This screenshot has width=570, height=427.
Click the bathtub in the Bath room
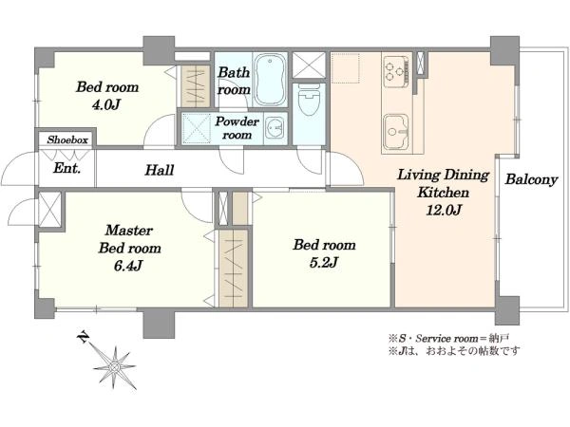pyautogui.click(x=270, y=80)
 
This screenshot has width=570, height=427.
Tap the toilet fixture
pyautogui.click(x=310, y=100)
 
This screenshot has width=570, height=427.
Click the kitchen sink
pyautogui.click(x=396, y=132)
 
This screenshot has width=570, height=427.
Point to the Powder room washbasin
pyautogui.click(x=275, y=128)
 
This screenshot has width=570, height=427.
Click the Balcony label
pyautogui.click(x=531, y=179)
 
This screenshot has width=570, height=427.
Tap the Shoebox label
pyautogui.click(x=67, y=139)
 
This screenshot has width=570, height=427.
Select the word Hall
pyautogui.click(x=160, y=170)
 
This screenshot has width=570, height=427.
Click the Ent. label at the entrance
pyautogui.click(x=66, y=168)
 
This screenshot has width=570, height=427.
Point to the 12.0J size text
pyautogui.click(x=444, y=211)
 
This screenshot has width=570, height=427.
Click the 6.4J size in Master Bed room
pyautogui.click(x=127, y=266)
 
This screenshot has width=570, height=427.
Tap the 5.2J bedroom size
pyautogui.click(x=324, y=262)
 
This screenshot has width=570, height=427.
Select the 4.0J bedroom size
pyautogui.click(x=106, y=105)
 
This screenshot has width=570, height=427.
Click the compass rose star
pyautogui.click(x=115, y=367)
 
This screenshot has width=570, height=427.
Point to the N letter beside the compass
pyautogui.click(x=84, y=337)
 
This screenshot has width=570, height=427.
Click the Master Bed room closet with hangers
pyautogui.click(x=234, y=269)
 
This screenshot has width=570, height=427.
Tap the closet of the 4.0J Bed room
pyautogui.click(x=196, y=86)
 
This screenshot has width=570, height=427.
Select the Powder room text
pyautogui.click(x=237, y=128)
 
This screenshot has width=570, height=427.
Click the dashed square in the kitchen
pyautogui.click(x=346, y=68)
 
